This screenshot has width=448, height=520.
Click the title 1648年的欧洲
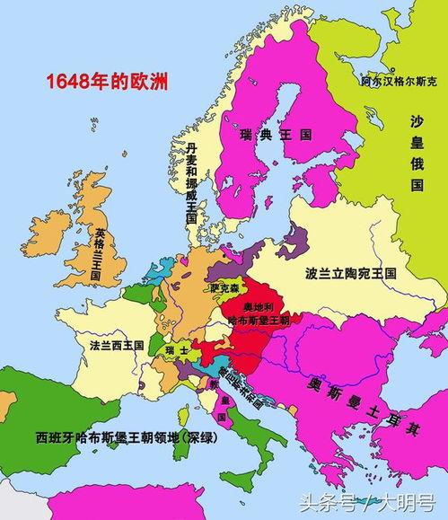(x=97, y=83)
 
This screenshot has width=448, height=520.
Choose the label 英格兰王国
(x=98, y=255)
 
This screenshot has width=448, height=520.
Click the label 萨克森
(x=225, y=289)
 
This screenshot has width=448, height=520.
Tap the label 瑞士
(x=177, y=349)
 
